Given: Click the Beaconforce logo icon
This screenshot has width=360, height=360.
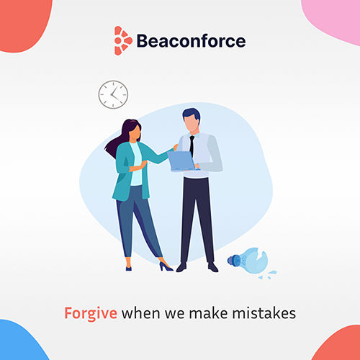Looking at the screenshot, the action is pyautogui.click(x=123, y=40).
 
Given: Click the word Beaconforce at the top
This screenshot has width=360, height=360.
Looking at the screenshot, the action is pyautogui.click(x=191, y=41).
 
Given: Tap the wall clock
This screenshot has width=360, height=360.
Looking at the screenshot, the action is pyautogui.click(x=113, y=94).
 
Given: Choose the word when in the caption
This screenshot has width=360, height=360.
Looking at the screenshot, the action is pyautogui.click(x=140, y=313).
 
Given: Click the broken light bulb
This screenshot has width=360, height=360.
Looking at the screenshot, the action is pyautogui.click(x=251, y=262).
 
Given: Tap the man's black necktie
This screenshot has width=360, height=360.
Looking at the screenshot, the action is pyautogui.click(x=192, y=146).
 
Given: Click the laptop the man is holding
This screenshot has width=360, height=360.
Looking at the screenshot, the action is pyautogui.click(x=181, y=161).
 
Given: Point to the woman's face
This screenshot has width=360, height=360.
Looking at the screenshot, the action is pyautogui.click(x=135, y=132).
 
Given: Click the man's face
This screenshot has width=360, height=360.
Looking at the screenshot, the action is pyautogui.click(x=192, y=123).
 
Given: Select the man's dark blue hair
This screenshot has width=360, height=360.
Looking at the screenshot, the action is pyautogui.click(x=191, y=114).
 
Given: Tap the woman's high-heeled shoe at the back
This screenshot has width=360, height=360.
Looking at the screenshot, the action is pyautogui.click(x=166, y=266).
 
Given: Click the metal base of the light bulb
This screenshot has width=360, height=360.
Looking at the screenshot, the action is pyautogui.click(x=233, y=261).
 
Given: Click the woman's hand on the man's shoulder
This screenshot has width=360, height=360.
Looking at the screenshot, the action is pyautogui.click(x=176, y=147).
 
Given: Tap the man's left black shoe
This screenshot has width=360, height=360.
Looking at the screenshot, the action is pyautogui.click(x=181, y=267).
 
